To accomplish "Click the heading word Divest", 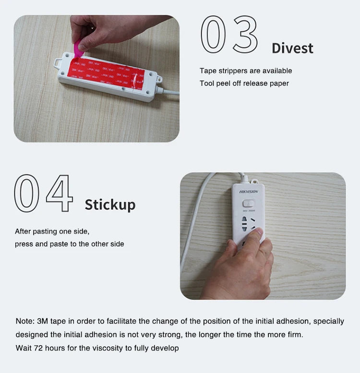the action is (x=292, y=48).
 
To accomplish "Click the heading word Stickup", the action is (x=110, y=205).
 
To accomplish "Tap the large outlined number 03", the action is (x=229, y=34).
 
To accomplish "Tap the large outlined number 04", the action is (x=43, y=193).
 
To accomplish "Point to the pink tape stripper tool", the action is (x=78, y=49).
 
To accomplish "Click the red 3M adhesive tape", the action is (x=106, y=72).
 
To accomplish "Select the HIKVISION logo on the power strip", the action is (x=248, y=191).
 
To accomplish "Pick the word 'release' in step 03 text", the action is (x=255, y=83).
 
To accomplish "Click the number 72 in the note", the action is (x=38, y=348).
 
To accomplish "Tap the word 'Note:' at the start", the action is (x=25, y=321).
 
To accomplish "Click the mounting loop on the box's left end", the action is (x=58, y=63).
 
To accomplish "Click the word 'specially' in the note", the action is (x=329, y=321).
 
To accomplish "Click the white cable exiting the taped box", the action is (x=168, y=92).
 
